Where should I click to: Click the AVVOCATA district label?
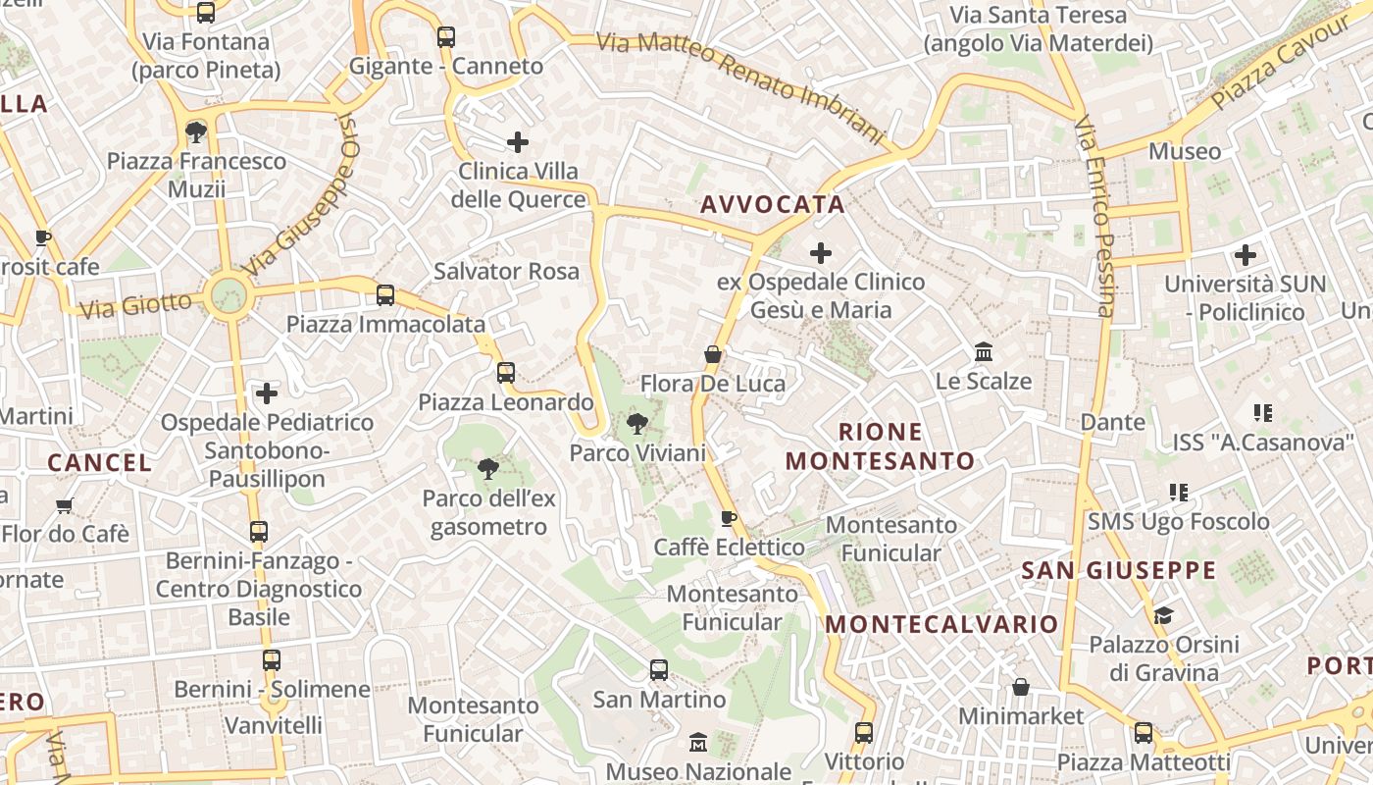[772, 204]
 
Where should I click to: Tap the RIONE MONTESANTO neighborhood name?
[880, 446]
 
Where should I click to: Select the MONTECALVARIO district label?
[941, 624]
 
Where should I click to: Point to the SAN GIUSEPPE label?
[1118, 570]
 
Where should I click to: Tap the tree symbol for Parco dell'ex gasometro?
[488, 469]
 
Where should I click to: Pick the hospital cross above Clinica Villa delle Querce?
[518, 142]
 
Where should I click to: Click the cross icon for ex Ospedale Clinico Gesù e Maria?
[821, 253]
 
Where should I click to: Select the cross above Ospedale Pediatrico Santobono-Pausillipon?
[266, 393]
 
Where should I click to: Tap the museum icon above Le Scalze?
[983, 351]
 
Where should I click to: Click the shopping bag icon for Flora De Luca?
[713, 354]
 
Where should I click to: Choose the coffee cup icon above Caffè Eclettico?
[728, 517]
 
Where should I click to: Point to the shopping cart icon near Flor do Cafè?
[65, 505]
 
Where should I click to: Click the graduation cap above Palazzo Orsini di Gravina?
[1163, 615]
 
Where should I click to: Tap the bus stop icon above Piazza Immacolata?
[385, 294]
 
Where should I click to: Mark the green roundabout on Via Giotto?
[229, 294]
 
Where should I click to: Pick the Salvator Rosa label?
[506, 271]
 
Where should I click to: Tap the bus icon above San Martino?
[659, 670]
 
